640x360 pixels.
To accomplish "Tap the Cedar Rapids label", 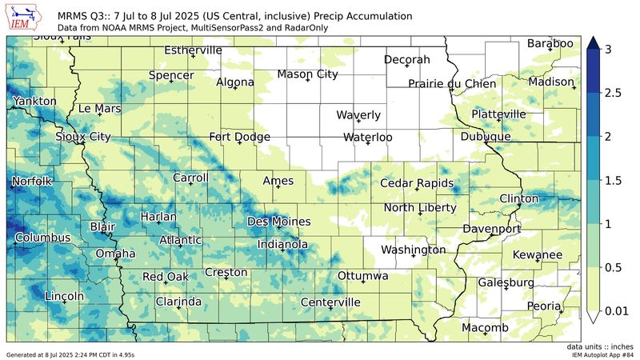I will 416,183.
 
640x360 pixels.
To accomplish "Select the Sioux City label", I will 83,137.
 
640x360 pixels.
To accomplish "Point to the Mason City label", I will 307,74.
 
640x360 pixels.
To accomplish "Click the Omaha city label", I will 115,254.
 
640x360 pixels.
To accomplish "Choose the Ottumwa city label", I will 363,275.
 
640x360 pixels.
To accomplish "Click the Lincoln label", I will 65,296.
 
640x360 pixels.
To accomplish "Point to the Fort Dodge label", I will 239,137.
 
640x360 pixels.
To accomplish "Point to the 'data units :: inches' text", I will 600,346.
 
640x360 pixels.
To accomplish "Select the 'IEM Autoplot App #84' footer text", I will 600,354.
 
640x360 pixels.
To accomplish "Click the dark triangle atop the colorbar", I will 594,43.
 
